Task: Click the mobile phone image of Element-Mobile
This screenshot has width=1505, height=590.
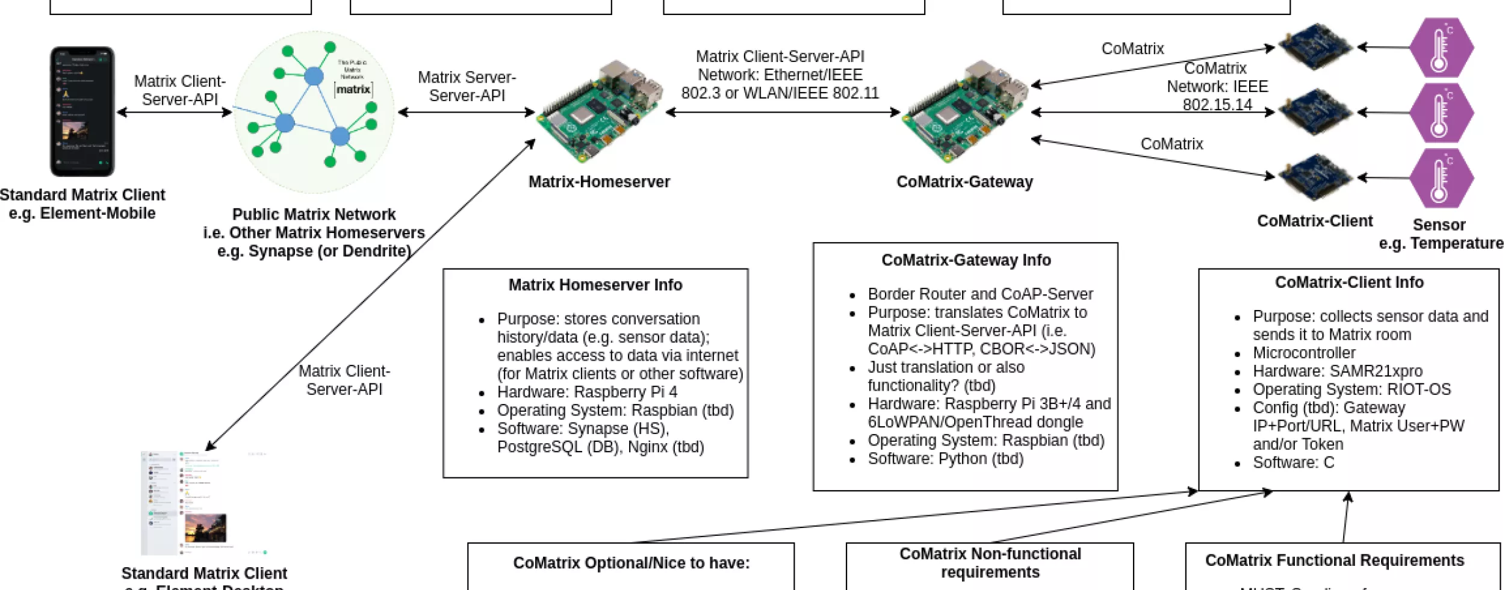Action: [82, 111]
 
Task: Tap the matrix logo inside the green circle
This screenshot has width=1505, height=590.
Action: [353, 89]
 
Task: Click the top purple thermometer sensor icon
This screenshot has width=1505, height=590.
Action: [1441, 48]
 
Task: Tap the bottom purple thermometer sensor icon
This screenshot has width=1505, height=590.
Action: [1441, 178]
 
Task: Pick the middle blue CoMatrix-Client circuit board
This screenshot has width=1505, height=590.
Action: [1315, 112]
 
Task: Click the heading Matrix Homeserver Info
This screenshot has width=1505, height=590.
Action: [595, 285]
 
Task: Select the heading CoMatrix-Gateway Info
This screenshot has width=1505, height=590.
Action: [966, 260]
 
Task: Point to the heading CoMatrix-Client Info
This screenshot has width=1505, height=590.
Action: [1348, 282]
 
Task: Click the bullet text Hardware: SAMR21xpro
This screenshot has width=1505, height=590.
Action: [1338, 371]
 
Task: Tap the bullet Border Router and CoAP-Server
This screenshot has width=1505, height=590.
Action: [979, 294]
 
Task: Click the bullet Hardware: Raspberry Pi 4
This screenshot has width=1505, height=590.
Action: [587, 392]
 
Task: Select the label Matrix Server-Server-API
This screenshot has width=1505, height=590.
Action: [467, 86]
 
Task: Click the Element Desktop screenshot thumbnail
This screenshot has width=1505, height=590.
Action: [203, 503]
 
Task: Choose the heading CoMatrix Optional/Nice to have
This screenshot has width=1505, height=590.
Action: [631, 563]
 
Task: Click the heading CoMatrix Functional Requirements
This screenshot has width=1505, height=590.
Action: [1334, 560]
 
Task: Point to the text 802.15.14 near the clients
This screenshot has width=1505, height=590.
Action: [1217, 105]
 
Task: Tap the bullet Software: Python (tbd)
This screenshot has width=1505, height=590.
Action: [945, 459]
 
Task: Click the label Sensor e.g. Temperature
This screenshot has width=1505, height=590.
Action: [1439, 234]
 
